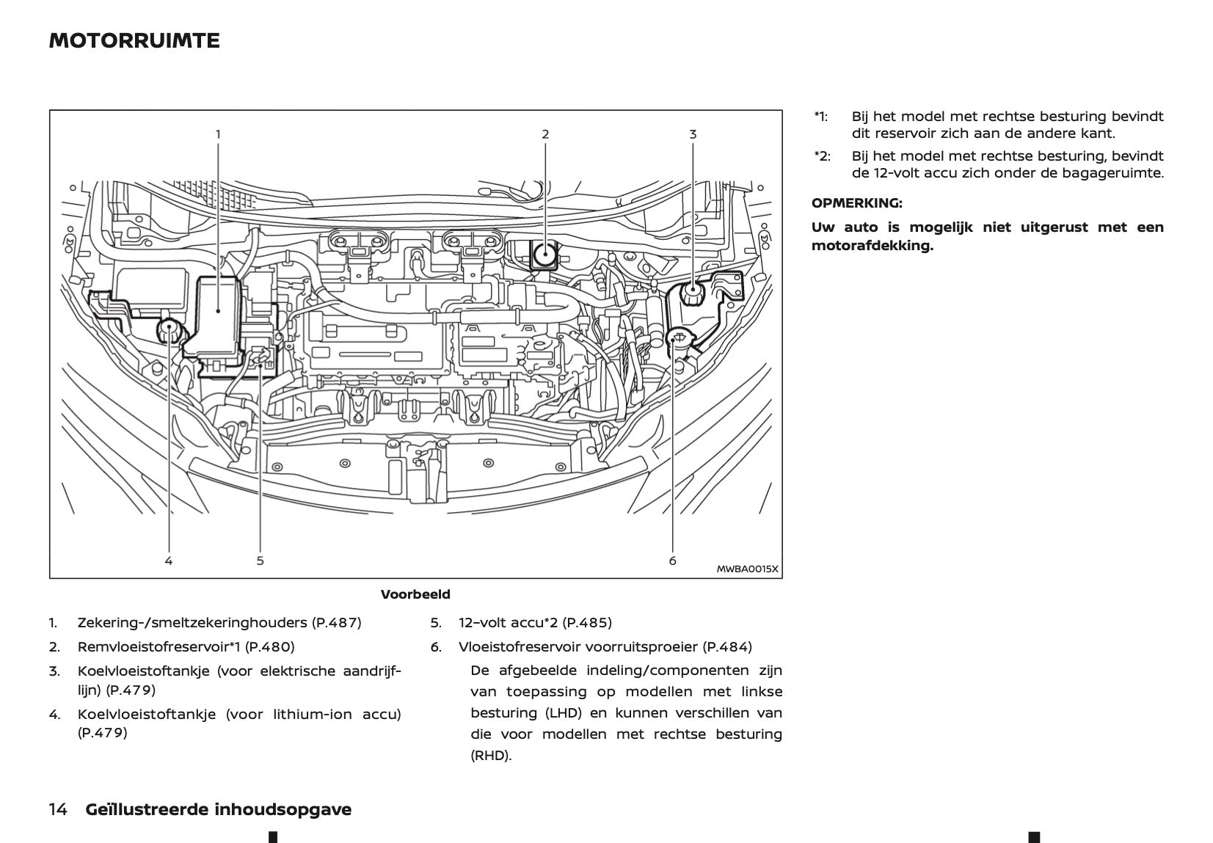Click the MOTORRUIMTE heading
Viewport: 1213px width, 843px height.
[x=134, y=40]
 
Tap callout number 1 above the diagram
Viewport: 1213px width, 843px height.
[x=218, y=134]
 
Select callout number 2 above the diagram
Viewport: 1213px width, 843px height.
[x=545, y=134]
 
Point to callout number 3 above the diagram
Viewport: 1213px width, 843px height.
[x=693, y=134]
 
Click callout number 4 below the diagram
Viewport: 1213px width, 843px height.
[x=169, y=561]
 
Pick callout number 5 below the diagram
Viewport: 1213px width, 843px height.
[x=261, y=561]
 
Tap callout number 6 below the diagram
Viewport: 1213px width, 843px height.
[x=672, y=561]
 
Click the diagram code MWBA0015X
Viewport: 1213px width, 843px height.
[x=747, y=569]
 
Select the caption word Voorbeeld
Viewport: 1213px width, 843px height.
[x=415, y=594]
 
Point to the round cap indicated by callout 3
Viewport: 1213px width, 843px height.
[x=692, y=292]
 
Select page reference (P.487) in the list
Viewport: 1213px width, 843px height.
[x=336, y=623]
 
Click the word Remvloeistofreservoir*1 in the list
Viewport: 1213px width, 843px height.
[x=159, y=647]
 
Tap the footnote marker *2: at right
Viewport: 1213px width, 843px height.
[x=821, y=156]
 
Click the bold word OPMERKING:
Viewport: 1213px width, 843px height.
[x=856, y=203]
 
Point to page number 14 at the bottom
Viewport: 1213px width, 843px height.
[x=58, y=809]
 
